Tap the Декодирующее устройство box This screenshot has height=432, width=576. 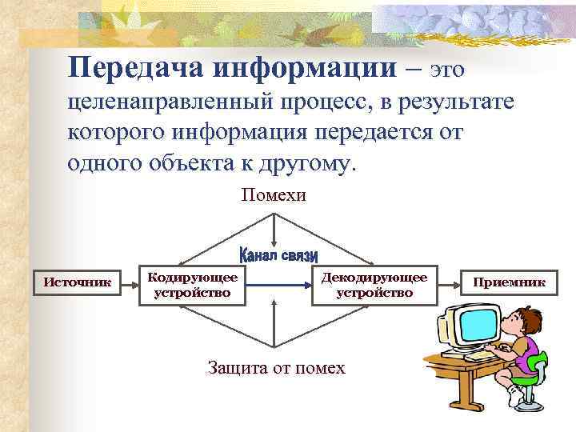[x=374, y=285]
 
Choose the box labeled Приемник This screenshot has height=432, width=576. [x=509, y=282]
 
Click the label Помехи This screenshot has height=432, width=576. [x=274, y=195]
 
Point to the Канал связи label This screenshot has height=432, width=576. [x=278, y=255]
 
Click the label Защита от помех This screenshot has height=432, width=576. [x=276, y=368]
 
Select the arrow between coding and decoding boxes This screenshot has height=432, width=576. [x=278, y=284]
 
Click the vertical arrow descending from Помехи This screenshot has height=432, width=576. [x=274, y=228]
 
